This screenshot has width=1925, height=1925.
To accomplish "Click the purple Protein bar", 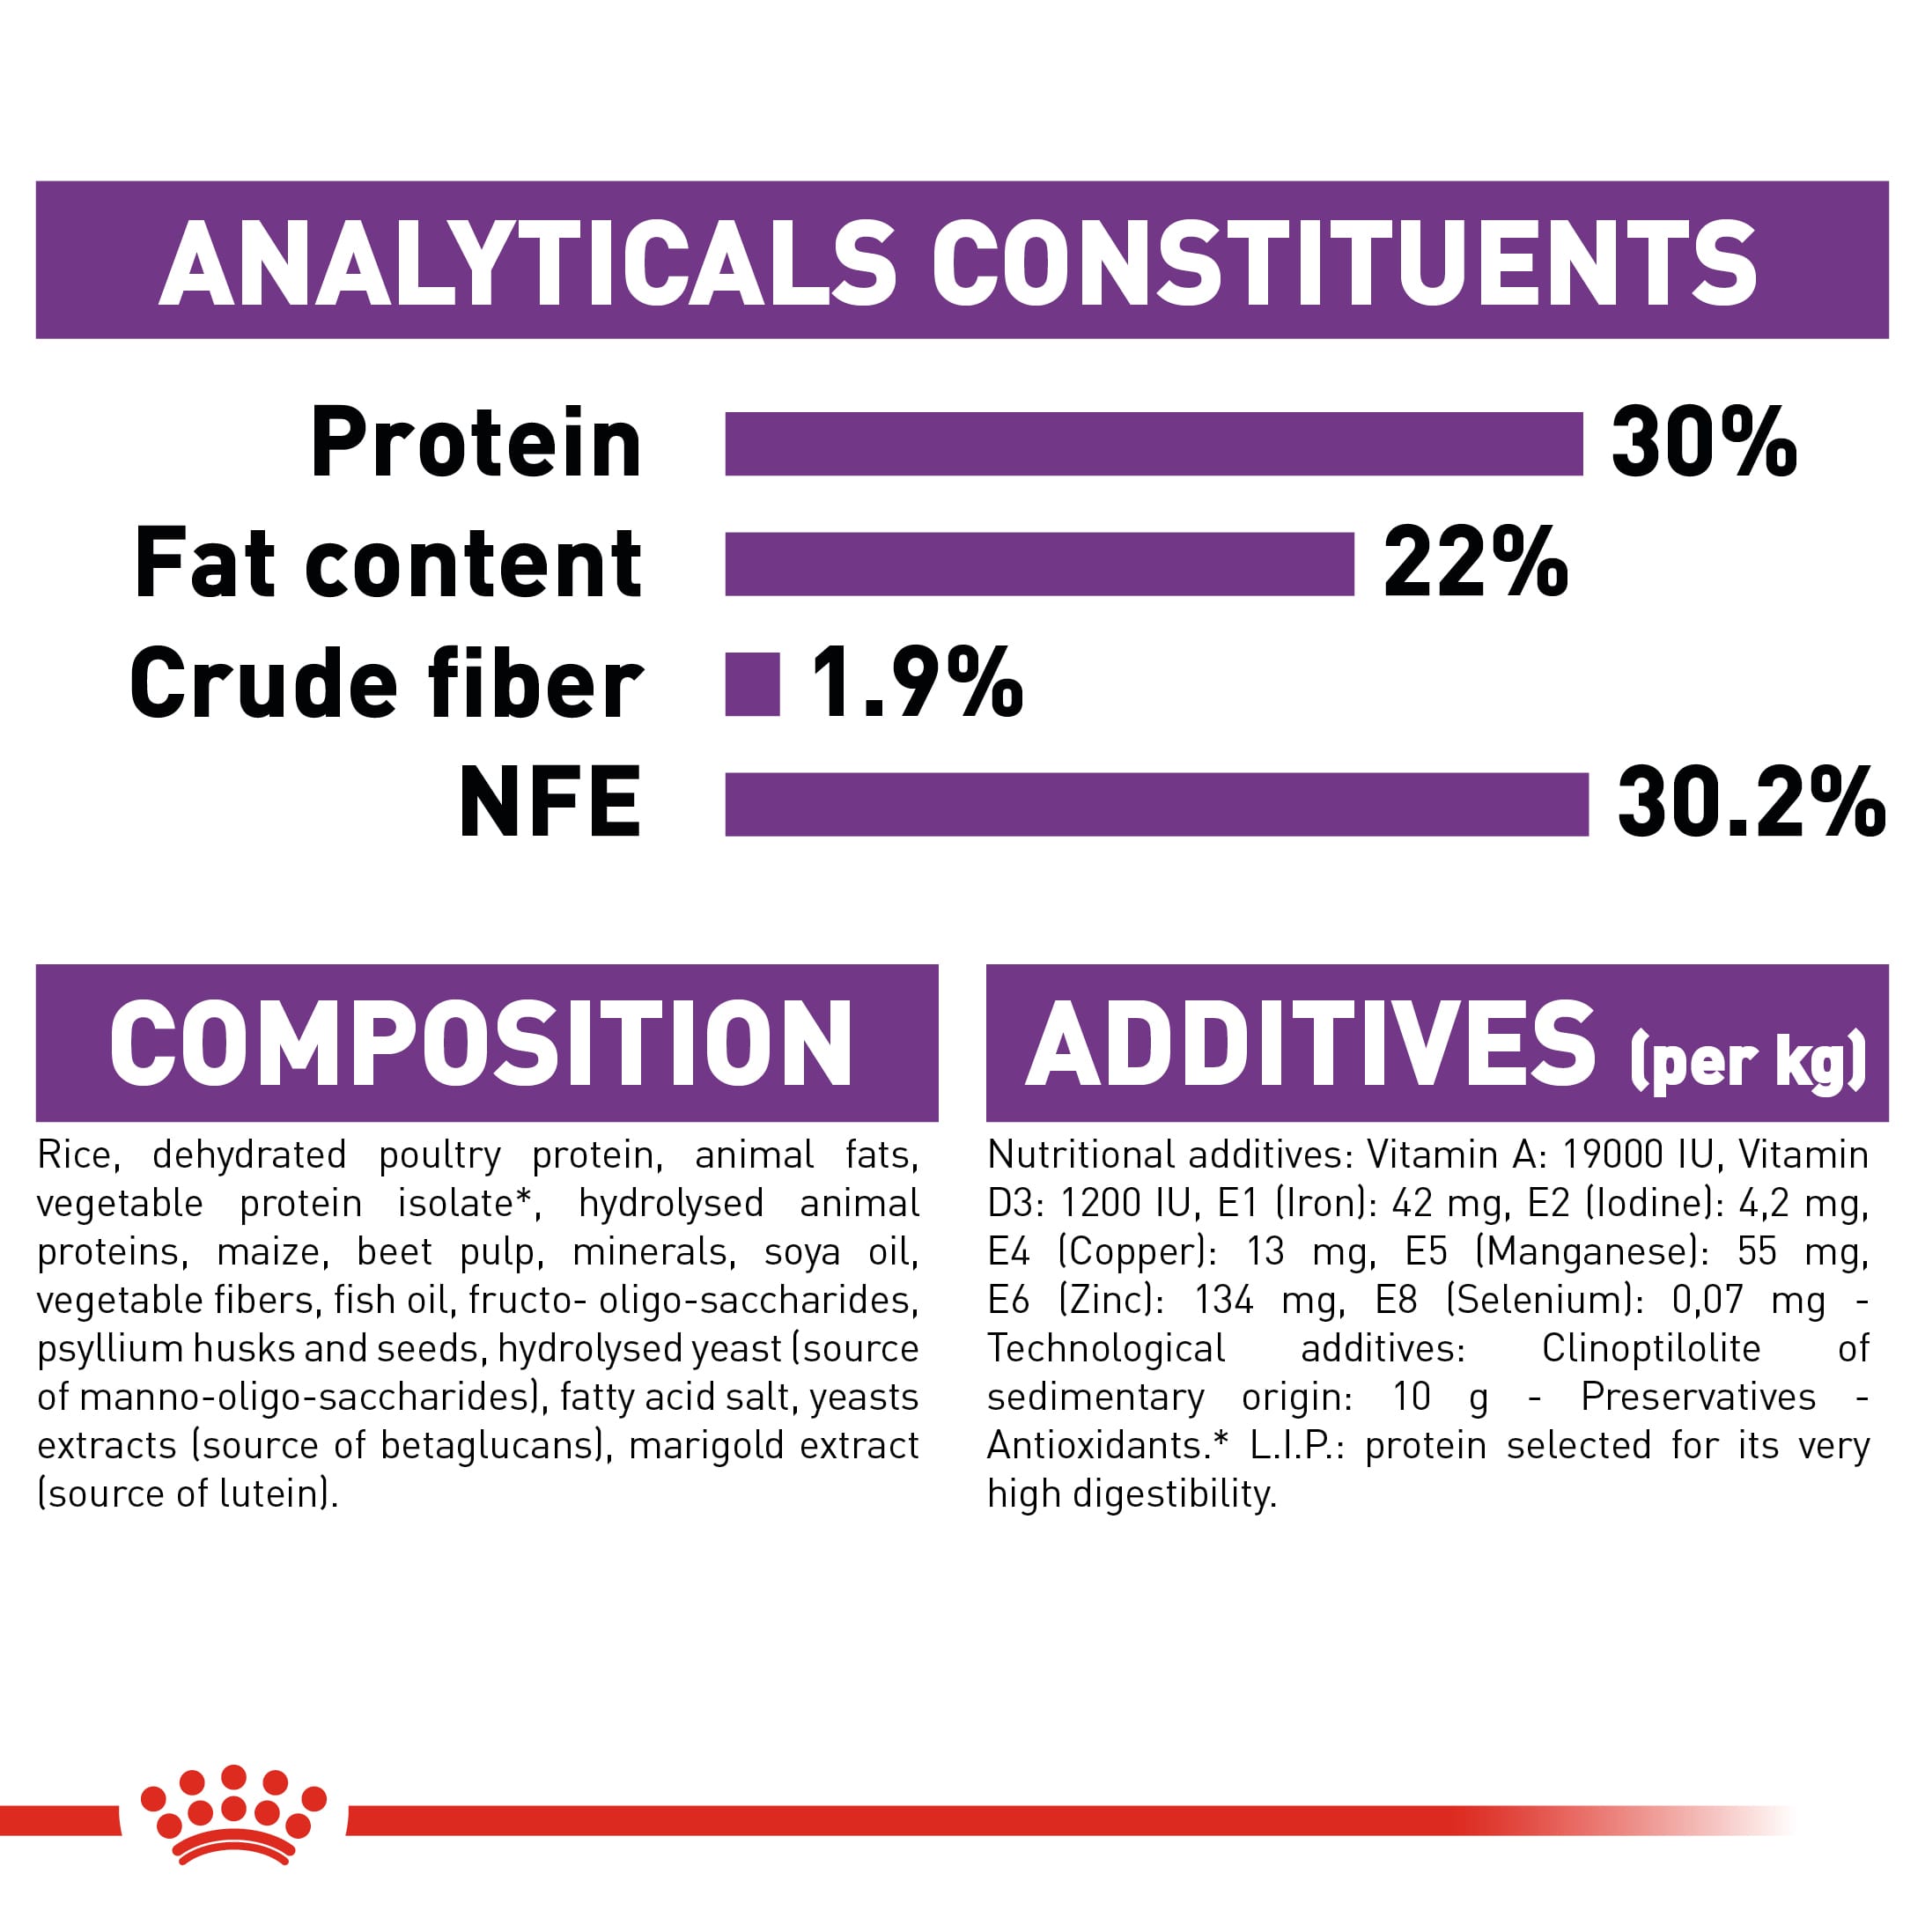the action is (1153, 444).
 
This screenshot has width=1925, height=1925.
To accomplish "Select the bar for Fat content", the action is (1039, 564).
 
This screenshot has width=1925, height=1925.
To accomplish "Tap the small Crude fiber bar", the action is (752, 684).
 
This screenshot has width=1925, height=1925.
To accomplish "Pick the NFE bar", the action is (1156, 804).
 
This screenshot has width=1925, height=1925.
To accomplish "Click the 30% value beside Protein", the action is (1704, 442).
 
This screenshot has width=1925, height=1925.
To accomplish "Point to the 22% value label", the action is (1476, 563).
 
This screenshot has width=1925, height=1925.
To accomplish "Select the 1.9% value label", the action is (917, 682).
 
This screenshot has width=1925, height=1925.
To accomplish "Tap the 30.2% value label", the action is (1751, 803).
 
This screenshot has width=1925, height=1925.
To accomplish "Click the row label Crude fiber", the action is (387, 682).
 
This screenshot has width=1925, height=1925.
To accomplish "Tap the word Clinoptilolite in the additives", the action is (1651, 1349).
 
